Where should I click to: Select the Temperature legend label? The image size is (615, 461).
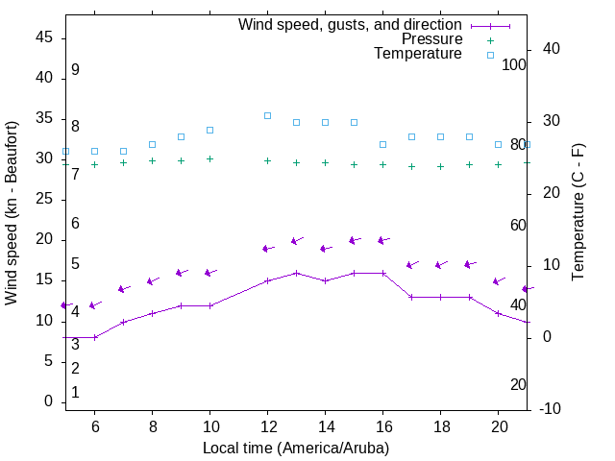(x=418, y=54)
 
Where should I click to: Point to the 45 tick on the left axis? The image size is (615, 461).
(x=45, y=37)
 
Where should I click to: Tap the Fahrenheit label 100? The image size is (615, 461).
(x=514, y=64)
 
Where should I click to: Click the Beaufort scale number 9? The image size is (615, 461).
(x=75, y=70)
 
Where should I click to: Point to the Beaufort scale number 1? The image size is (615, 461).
(x=75, y=393)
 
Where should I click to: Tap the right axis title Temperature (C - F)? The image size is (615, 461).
(x=578, y=213)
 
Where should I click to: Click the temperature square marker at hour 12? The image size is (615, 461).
(x=268, y=115)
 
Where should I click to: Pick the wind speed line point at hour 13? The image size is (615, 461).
(x=297, y=273)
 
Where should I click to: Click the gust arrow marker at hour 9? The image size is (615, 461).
(x=180, y=273)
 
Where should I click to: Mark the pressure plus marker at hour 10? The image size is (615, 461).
(x=210, y=158)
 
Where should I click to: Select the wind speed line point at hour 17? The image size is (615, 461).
(x=412, y=297)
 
